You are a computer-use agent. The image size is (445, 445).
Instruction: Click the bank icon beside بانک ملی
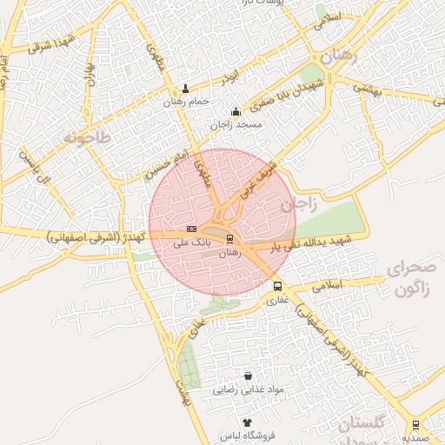tap(192, 229)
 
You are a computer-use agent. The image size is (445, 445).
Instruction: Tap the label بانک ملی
tap(192, 242)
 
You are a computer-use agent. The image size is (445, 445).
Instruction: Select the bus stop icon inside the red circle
tap(229, 238)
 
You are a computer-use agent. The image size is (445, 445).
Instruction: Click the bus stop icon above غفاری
tap(277, 286)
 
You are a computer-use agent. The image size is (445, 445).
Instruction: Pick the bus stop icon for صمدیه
tap(415, 424)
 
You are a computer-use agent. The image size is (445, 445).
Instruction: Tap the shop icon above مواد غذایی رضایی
tap(249, 376)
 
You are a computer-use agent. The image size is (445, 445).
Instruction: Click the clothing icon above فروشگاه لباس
tap(247, 422)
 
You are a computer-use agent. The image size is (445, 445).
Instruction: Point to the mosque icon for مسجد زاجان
tap(236, 111)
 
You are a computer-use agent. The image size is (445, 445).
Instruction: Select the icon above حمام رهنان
tap(185, 89)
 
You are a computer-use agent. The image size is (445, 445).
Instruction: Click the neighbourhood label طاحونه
tap(88, 137)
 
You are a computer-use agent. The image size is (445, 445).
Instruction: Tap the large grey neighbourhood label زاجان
tap(296, 205)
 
